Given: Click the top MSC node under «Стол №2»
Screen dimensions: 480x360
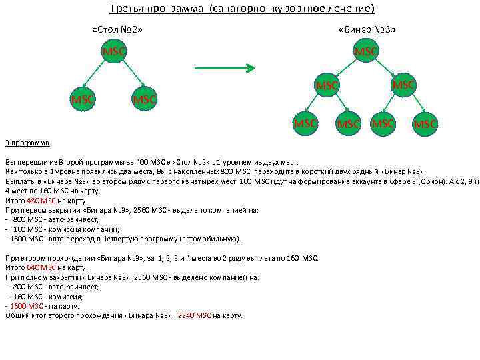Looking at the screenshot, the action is [x=114, y=52].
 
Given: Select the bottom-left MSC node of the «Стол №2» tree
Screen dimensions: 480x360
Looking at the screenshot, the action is [x=83, y=99].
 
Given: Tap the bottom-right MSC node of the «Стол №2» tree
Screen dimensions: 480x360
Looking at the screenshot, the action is [x=144, y=99].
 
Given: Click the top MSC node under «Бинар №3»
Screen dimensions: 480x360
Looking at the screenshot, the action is [x=366, y=51].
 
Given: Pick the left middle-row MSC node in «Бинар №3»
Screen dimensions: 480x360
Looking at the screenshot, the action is [x=327, y=85].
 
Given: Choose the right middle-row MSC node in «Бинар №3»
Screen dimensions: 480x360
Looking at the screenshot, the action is [x=403, y=85].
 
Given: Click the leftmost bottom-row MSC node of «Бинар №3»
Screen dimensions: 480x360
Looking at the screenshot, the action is [x=305, y=123].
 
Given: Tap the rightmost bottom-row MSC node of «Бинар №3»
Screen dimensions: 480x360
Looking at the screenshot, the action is [x=425, y=123].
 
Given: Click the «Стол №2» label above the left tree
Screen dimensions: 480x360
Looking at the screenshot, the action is [x=117, y=30].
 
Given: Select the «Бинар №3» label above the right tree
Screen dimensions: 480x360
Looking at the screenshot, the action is [x=367, y=30].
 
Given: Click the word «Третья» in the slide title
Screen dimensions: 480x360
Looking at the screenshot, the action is [x=125, y=9].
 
